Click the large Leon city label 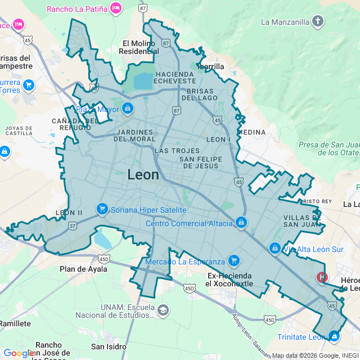click(143, 174)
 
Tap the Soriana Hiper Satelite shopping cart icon click(102, 209)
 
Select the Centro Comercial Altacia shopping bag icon click(241, 223)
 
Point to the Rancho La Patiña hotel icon click(116, 8)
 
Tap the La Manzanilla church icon click(318, 22)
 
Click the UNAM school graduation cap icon click(163, 310)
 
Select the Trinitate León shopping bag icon click(334, 337)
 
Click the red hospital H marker click(322, 277)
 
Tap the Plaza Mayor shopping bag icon click(128, 108)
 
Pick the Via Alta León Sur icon click(274, 248)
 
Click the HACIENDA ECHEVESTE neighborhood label click(176, 78)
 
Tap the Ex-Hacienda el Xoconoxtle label click(229, 280)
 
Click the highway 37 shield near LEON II click(73, 226)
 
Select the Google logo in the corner click(19, 353)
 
